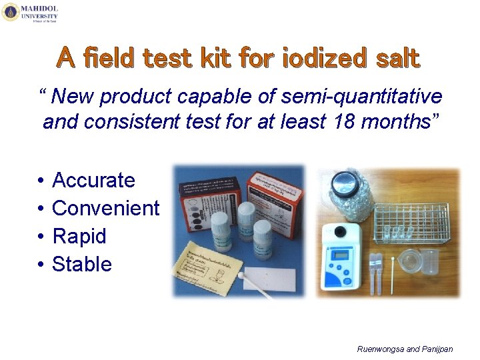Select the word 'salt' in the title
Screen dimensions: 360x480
[395, 59]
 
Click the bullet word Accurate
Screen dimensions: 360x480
[93, 180]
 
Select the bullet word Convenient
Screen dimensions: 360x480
[105, 208]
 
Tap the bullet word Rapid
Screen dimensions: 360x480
[79, 236]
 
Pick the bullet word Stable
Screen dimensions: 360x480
[82, 264]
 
